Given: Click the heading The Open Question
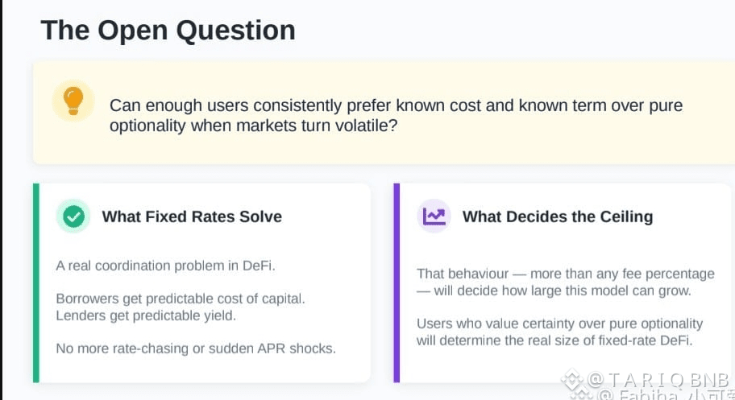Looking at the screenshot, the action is [x=168, y=31].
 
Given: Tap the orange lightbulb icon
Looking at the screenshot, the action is [x=73, y=101].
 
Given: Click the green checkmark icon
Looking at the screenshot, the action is [x=73, y=216].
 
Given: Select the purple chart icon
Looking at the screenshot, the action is [x=434, y=216].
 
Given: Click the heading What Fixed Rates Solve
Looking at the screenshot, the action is [x=192, y=216].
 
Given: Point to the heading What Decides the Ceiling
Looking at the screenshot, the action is [x=558, y=216].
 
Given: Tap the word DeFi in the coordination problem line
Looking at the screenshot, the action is [x=258, y=266].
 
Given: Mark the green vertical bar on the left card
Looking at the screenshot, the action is [x=36, y=283].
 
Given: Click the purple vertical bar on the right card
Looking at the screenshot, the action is [x=397, y=283].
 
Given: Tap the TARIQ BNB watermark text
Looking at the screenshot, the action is [x=658, y=380].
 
